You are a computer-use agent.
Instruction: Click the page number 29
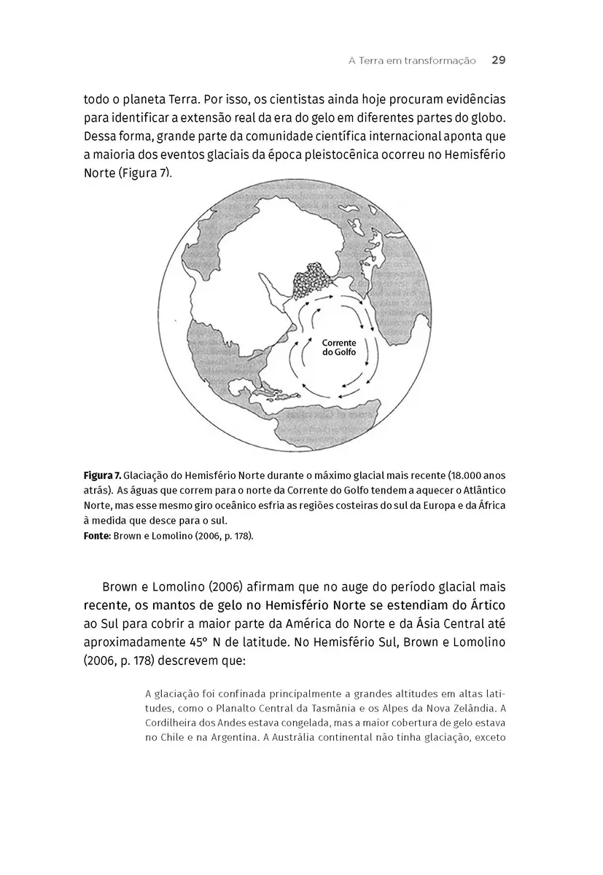(x=499, y=61)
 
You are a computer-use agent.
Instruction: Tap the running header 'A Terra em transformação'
(x=412, y=61)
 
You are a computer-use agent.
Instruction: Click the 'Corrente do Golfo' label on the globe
(x=339, y=347)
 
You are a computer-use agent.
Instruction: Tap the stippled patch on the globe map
(x=311, y=280)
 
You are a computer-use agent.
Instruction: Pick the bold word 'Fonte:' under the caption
(x=97, y=534)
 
